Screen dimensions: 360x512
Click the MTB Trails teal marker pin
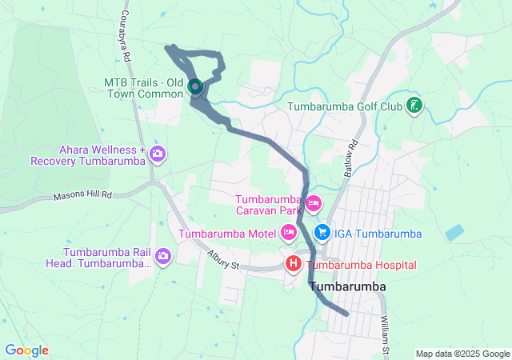(x=195, y=86)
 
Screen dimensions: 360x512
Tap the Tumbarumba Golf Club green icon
(x=414, y=106)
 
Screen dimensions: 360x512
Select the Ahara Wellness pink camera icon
(x=158, y=153)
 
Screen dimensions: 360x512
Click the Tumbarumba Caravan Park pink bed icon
(x=313, y=204)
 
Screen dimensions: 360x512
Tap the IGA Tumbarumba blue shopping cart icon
(x=323, y=233)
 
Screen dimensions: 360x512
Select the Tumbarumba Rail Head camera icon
(x=163, y=256)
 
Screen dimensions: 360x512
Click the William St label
(x=386, y=329)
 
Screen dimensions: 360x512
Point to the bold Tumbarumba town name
(x=347, y=286)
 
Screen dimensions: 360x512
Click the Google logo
(x=26, y=350)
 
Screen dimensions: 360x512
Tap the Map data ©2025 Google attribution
(x=462, y=354)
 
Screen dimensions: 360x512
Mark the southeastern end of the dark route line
(x=346, y=314)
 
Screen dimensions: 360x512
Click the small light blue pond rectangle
(x=454, y=233)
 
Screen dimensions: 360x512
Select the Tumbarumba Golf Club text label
(x=348, y=106)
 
